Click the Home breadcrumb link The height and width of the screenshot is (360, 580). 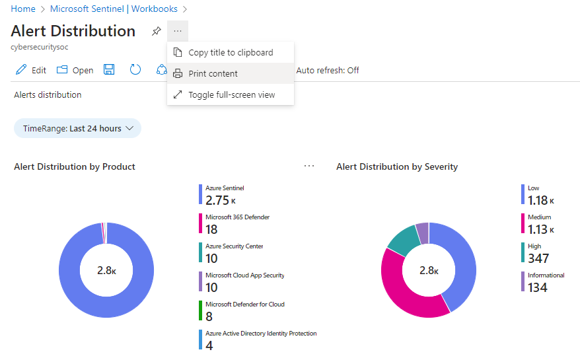23,9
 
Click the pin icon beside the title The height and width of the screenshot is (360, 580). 156,31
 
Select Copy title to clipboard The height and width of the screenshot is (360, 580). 230,53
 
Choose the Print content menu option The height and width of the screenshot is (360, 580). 213,73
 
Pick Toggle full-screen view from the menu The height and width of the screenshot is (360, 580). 231,94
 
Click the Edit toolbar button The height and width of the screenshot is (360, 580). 31,70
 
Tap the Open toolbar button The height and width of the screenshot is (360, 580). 75,70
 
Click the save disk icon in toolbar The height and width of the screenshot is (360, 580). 110,70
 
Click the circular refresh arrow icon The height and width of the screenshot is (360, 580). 135,70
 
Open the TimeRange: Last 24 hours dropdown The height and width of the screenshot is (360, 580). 77,129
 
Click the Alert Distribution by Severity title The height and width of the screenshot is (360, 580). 396,166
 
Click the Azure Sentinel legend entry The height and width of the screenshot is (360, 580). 224,188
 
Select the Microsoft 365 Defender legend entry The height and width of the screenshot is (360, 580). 237,217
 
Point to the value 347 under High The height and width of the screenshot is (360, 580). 538,258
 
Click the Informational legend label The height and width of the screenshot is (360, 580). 546,275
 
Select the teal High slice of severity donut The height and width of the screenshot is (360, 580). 400,240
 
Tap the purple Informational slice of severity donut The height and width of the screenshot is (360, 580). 422,231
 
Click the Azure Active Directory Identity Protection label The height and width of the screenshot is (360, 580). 261,334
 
